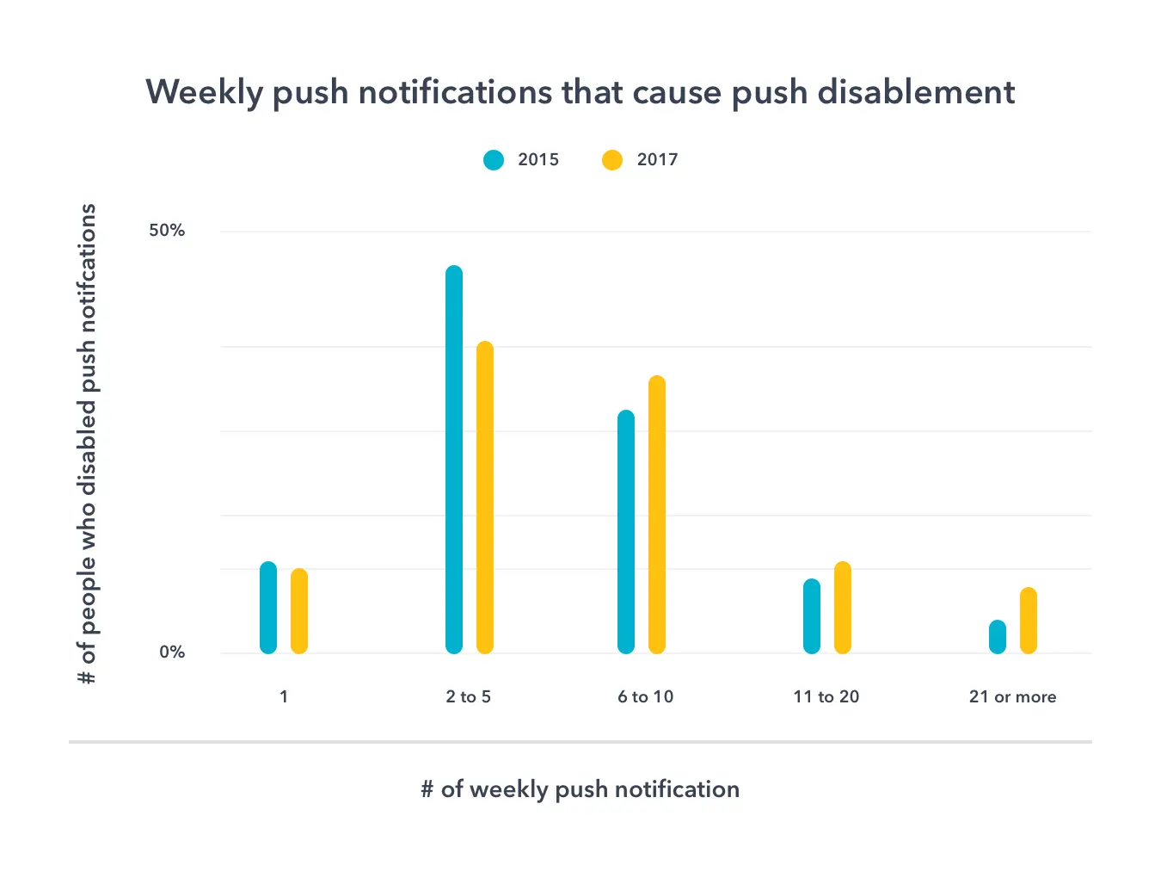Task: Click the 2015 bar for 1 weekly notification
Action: tap(268, 608)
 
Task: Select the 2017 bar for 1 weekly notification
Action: tap(299, 611)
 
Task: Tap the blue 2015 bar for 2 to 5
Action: tap(454, 460)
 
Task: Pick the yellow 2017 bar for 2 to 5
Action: tap(485, 498)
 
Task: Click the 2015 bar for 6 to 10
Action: tap(626, 532)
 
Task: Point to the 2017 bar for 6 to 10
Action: tap(657, 515)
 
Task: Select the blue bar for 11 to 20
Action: tap(812, 616)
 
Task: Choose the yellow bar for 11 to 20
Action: tap(843, 608)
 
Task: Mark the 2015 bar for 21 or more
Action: tap(998, 637)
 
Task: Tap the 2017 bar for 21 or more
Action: tap(1029, 621)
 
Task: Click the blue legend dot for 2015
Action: tap(494, 160)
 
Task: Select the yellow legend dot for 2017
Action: tap(612, 160)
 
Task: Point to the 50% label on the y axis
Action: tap(167, 231)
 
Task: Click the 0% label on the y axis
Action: tap(172, 652)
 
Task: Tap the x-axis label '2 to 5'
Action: tap(468, 697)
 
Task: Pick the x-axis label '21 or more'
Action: tap(1012, 697)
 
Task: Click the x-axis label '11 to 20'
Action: tap(826, 697)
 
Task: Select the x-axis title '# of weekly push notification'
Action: tap(580, 789)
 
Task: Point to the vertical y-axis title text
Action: tap(88, 444)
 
